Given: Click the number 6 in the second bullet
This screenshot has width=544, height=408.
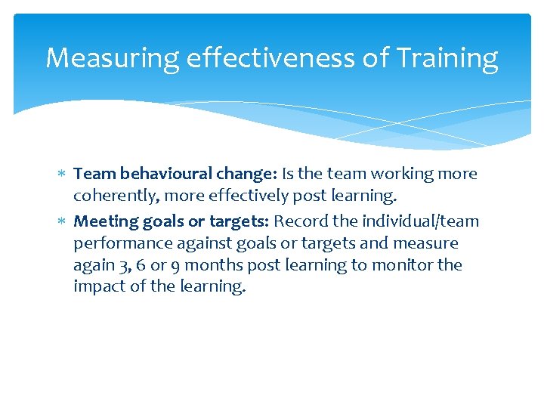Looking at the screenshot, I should click(x=133, y=265).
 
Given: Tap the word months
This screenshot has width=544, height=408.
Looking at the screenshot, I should click(x=211, y=265).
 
